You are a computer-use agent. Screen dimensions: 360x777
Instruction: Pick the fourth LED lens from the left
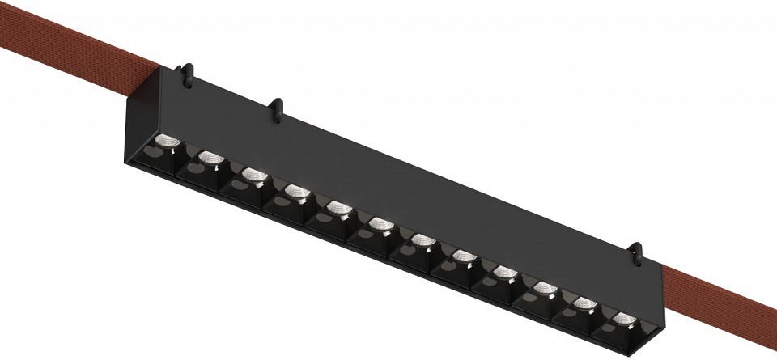pyautogui.click(x=295, y=192)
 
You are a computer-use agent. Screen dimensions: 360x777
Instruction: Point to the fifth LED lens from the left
pyautogui.click(x=338, y=209)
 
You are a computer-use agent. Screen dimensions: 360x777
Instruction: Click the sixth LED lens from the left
pyautogui.click(x=380, y=224)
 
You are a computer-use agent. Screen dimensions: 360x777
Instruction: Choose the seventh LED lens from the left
pyautogui.click(x=422, y=240)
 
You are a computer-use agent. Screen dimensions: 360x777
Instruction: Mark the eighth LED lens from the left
pyautogui.click(x=464, y=256)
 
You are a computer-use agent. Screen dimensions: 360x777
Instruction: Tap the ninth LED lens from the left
pyautogui.click(x=503, y=273)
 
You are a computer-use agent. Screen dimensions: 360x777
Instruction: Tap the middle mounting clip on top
pyautogui.click(x=277, y=108)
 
